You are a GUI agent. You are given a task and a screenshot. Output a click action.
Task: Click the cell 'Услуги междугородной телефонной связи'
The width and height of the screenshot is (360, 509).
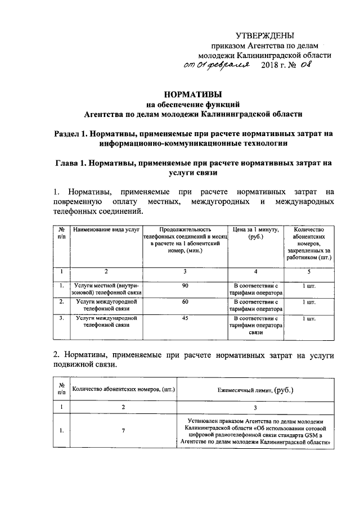106,305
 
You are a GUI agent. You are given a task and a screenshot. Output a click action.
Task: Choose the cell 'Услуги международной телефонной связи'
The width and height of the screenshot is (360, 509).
106,321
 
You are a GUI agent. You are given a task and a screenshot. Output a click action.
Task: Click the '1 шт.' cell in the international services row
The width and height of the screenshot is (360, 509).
309,318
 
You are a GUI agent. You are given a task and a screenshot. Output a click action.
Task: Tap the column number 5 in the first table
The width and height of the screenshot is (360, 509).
309,271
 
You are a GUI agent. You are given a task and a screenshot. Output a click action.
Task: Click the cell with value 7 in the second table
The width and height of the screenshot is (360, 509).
123,431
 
